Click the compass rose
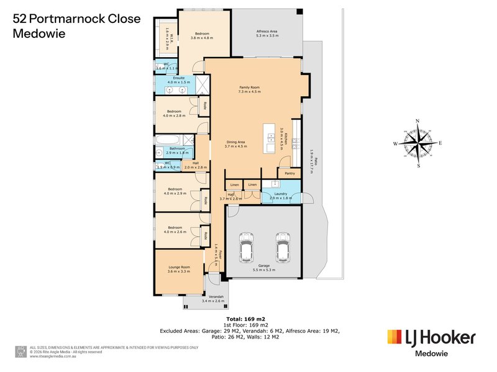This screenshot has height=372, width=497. coord(418,143)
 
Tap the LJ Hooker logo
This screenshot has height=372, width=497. coord(431,339)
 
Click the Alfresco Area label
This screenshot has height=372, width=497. coord(267,33)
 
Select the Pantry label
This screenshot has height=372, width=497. coord(290,174)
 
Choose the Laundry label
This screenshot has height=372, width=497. coord(280,195)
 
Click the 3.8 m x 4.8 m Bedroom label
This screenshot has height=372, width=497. coord(201,35)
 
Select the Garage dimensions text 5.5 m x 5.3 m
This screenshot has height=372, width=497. coord(265,270)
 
